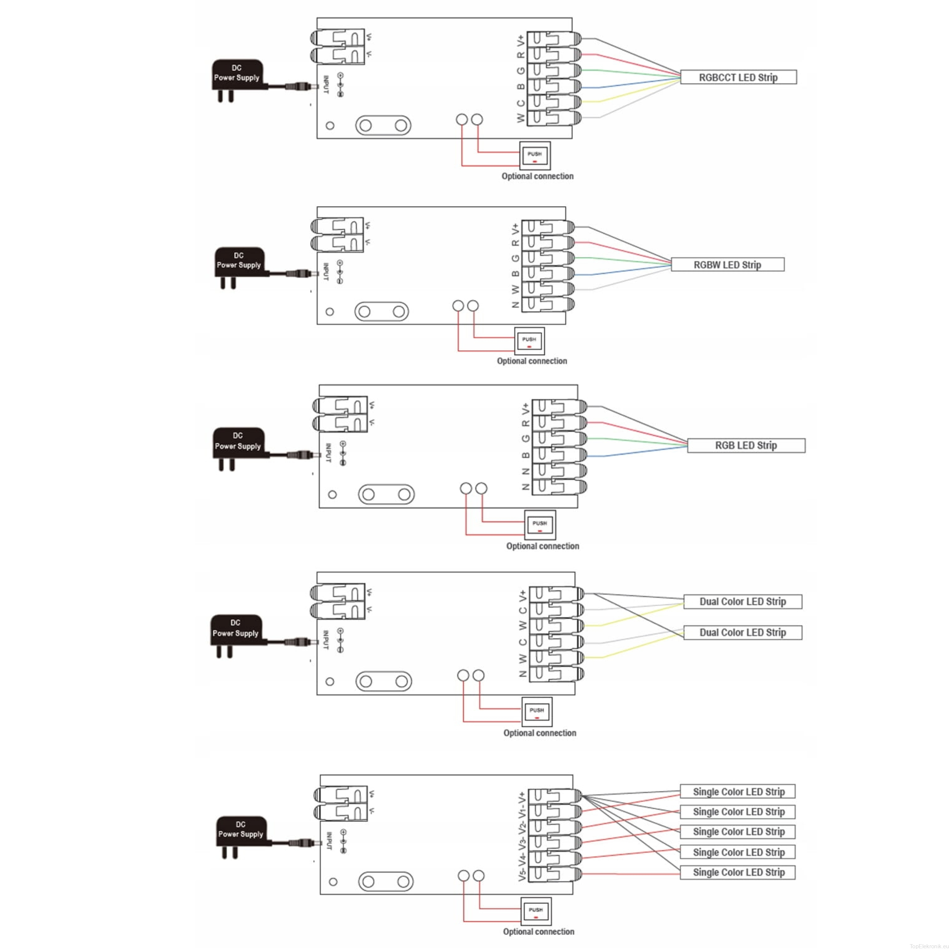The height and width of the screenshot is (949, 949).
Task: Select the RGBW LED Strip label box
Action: (727, 265)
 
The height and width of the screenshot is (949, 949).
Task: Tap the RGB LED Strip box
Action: (745, 446)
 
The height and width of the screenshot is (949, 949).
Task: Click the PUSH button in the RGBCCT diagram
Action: (535, 156)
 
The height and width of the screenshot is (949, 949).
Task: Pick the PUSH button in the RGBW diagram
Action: (529, 341)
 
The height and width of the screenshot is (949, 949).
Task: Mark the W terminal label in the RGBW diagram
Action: (515, 289)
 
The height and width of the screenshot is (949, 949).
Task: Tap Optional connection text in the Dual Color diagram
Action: (539, 733)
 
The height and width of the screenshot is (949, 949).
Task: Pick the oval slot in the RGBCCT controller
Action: (383, 125)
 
